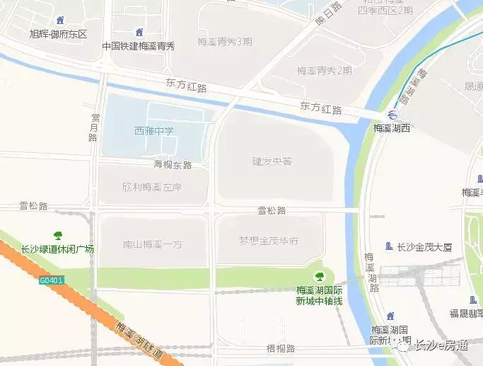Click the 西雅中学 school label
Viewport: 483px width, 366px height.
click(x=153, y=130)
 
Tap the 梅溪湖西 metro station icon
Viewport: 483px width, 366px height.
click(x=392, y=115)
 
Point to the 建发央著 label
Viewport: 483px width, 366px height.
click(x=272, y=161)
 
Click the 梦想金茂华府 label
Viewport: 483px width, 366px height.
click(x=268, y=241)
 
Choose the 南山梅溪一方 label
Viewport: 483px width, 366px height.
click(x=152, y=244)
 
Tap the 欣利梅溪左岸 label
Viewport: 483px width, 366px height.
click(x=152, y=187)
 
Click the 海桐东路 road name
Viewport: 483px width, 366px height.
click(x=173, y=165)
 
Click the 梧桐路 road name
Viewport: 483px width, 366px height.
click(x=272, y=349)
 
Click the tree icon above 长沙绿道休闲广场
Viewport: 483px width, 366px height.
click(x=58, y=235)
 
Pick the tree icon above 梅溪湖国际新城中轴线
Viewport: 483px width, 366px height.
click(x=319, y=275)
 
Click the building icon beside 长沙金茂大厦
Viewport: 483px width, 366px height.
click(x=388, y=246)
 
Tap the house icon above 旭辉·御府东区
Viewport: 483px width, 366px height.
click(x=59, y=21)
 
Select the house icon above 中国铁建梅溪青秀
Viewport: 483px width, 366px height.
click(x=139, y=32)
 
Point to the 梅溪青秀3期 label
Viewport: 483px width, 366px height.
click(x=226, y=41)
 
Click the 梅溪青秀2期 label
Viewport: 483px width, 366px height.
click(x=325, y=71)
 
